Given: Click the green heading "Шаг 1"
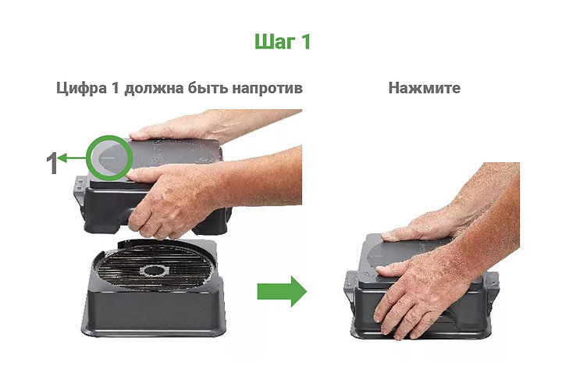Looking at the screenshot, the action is [x=282, y=41].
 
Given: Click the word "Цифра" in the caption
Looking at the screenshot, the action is [x=81, y=88].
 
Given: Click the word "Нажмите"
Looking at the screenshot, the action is [x=425, y=87].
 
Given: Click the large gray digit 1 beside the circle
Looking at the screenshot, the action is [x=52, y=162].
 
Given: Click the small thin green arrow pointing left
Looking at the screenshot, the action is [x=72, y=158].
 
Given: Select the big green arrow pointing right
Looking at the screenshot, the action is [x=282, y=291].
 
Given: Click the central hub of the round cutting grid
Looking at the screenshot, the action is [x=154, y=271].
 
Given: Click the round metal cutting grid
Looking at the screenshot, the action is [x=154, y=267].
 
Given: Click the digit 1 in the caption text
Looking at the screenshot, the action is [x=115, y=88].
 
